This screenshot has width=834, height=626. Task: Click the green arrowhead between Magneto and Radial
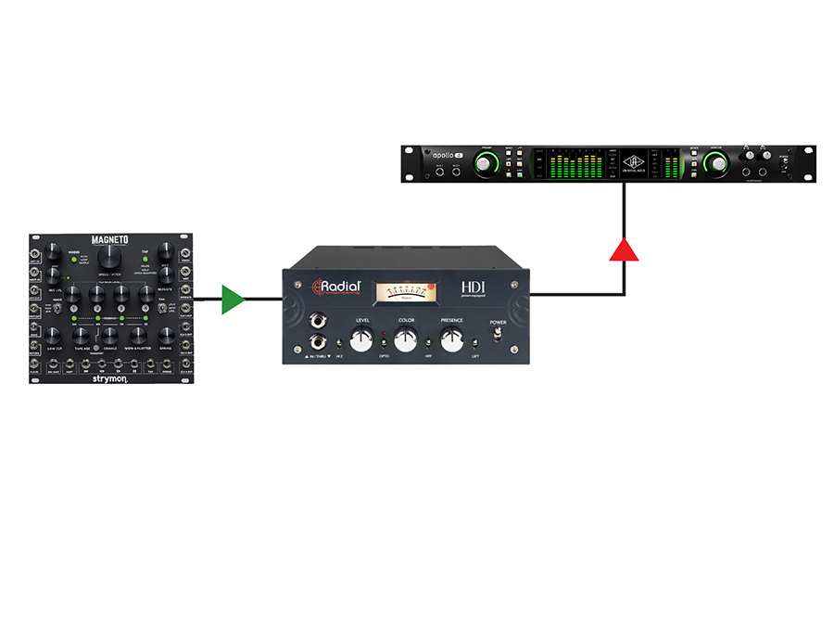pos(233,300)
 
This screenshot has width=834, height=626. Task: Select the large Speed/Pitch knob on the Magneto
pos(108,258)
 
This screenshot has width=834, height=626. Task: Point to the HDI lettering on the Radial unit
pos(474,287)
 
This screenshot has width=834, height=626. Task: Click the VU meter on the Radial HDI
pos(404,292)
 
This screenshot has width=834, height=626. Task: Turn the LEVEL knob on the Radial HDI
pos(361,339)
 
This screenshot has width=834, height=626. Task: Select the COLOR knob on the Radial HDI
pos(405,339)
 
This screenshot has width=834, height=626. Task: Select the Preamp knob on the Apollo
pos(486,164)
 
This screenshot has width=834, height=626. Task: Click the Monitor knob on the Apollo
pos(714,164)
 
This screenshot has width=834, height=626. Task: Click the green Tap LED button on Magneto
pos(145,258)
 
